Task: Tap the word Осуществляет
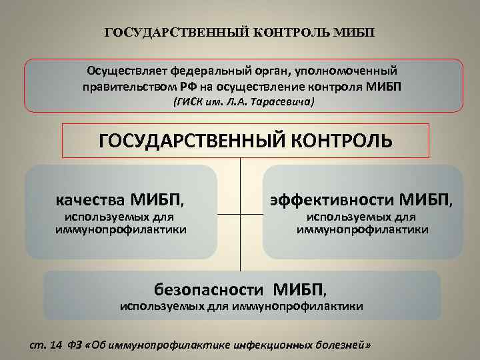(x=126, y=71)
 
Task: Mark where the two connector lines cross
(x=241, y=215)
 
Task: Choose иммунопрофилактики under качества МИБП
(x=121, y=229)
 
